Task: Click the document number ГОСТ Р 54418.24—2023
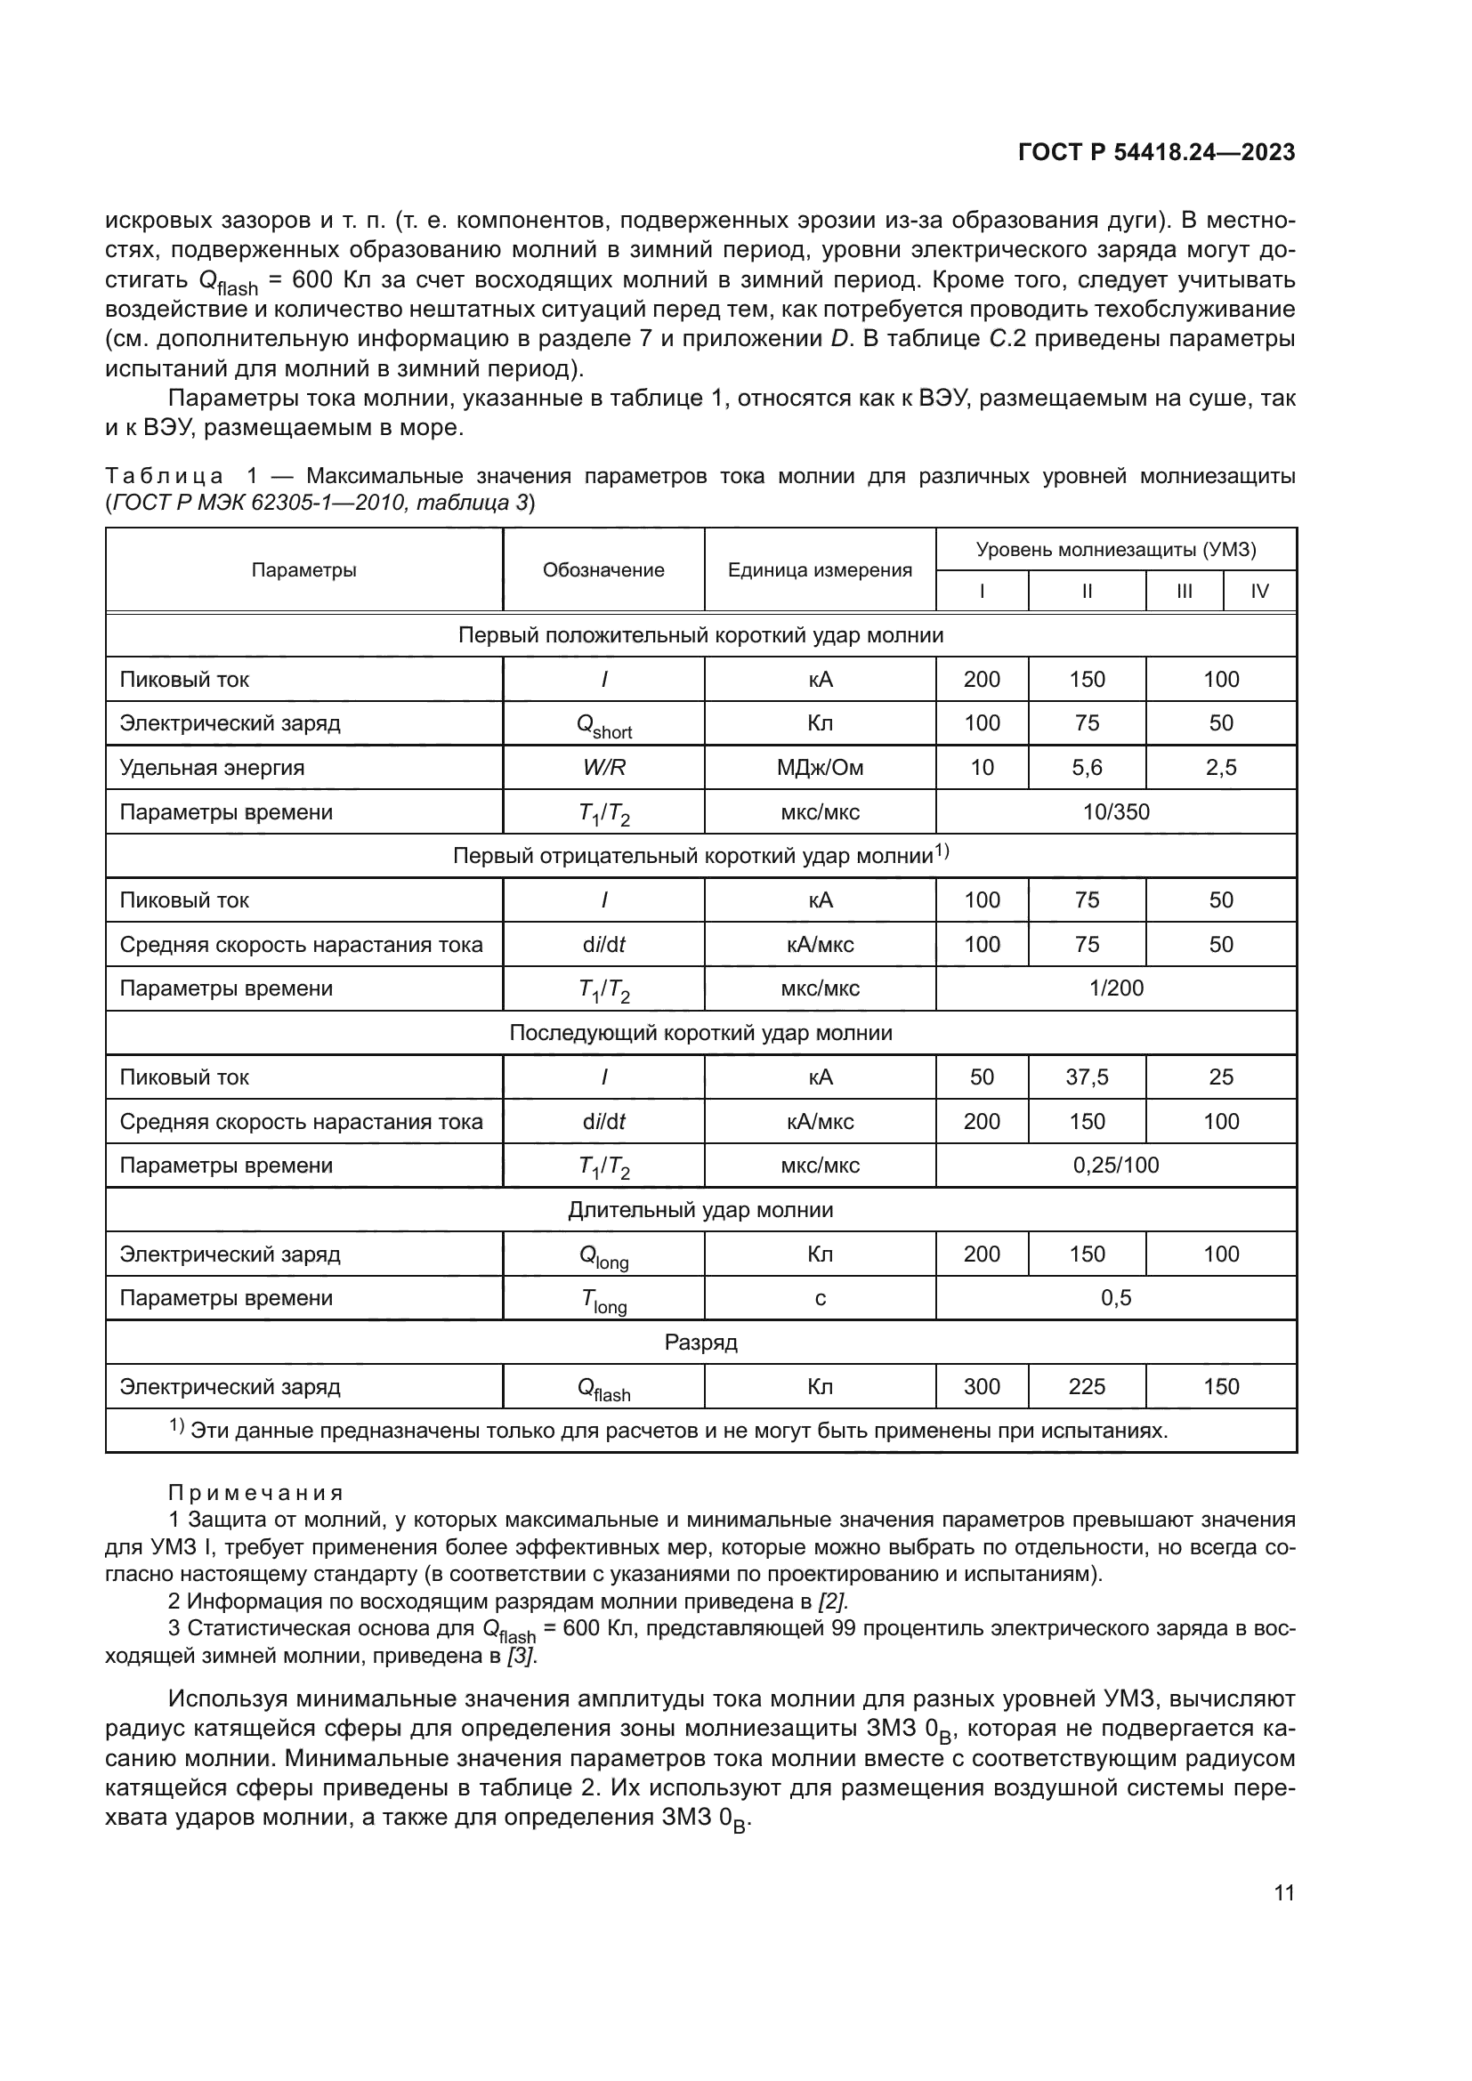click(x=1156, y=152)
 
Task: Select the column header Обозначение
click(x=603, y=570)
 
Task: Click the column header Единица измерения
click(x=820, y=570)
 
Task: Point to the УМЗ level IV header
click(x=1259, y=592)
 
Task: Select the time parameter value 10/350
click(x=1116, y=812)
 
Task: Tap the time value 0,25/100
click(x=1116, y=1166)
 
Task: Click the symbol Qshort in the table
click(x=603, y=725)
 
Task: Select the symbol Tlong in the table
click(x=603, y=1300)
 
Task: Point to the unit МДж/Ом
click(x=820, y=768)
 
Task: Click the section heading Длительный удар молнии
click(x=700, y=1210)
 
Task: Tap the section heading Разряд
click(x=700, y=1343)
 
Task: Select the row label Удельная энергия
click(x=212, y=768)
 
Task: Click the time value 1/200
click(x=1116, y=988)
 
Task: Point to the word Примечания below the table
click(x=256, y=1493)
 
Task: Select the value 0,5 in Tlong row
click(x=1116, y=1298)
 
